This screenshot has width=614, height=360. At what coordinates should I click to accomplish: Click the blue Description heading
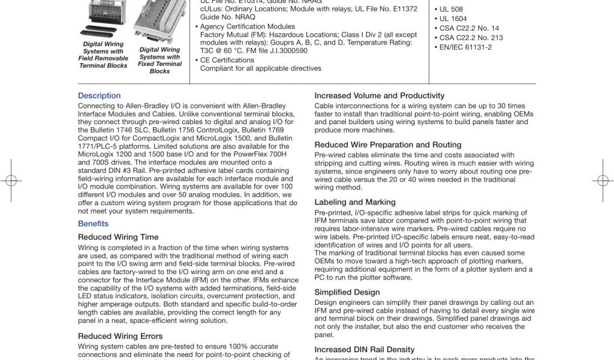(99, 96)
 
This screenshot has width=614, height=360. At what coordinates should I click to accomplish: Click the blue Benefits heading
(93, 224)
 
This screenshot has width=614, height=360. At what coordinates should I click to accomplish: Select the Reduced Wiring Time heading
(118, 237)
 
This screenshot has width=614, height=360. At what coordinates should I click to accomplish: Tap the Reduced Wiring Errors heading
(120, 336)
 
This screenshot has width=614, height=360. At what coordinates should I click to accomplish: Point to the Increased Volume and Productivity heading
(379, 95)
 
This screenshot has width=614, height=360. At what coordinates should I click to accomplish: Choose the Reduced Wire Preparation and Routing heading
(387, 145)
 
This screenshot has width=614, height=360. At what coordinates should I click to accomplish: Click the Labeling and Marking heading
(355, 202)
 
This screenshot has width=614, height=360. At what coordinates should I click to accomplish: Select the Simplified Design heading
(347, 292)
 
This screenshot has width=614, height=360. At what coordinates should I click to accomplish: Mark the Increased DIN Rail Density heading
(364, 349)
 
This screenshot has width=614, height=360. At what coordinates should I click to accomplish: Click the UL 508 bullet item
(451, 10)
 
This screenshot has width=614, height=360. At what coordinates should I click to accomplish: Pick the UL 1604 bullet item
(453, 19)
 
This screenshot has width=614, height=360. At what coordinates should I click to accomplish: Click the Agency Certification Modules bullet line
(247, 26)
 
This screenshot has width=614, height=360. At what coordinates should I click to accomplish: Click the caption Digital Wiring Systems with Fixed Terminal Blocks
(159, 60)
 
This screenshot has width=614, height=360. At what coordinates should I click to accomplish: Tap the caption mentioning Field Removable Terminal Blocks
(103, 55)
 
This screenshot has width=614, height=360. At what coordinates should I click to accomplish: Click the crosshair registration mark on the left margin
(10, 180)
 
